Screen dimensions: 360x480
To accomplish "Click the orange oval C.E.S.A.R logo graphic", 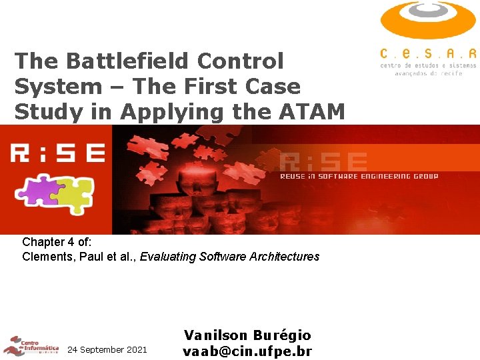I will [428, 20].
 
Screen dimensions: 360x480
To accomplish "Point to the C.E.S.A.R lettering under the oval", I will [428, 53].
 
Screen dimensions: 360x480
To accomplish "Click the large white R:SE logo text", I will [57, 153].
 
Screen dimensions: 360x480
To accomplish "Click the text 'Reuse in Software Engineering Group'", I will [359, 177].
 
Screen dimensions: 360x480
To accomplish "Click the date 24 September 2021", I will [107, 349].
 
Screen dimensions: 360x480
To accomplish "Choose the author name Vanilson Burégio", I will [247, 335].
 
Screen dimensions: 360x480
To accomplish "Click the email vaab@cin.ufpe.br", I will [247, 351].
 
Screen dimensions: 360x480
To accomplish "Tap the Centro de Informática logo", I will [30, 345].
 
